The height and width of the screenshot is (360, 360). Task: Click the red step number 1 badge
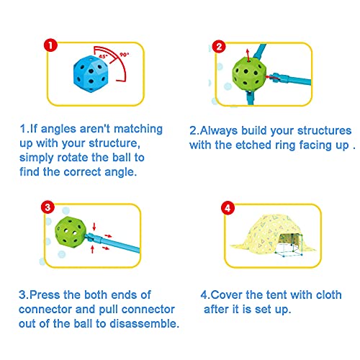(x=50, y=45)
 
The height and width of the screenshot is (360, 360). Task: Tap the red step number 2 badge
(x=219, y=46)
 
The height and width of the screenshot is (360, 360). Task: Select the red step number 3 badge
(x=48, y=207)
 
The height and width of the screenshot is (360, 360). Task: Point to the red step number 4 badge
(x=228, y=208)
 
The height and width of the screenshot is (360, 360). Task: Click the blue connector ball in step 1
(x=91, y=74)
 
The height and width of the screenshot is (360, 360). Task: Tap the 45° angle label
(x=103, y=57)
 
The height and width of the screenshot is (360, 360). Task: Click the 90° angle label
(x=125, y=55)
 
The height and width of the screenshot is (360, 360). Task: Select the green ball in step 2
(x=249, y=73)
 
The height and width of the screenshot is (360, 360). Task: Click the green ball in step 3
(x=70, y=232)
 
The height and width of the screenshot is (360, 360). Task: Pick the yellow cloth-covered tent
(x=272, y=235)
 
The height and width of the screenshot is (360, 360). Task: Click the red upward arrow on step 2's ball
(x=248, y=55)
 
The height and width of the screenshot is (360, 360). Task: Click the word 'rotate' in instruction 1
(x=73, y=158)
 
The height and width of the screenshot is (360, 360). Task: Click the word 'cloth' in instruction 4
(x=329, y=295)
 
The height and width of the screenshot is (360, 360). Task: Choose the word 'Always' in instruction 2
(x=219, y=131)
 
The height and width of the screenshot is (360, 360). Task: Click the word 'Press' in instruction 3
(x=45, y=295)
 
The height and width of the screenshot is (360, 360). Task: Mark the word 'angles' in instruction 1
(x=58, y=130)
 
